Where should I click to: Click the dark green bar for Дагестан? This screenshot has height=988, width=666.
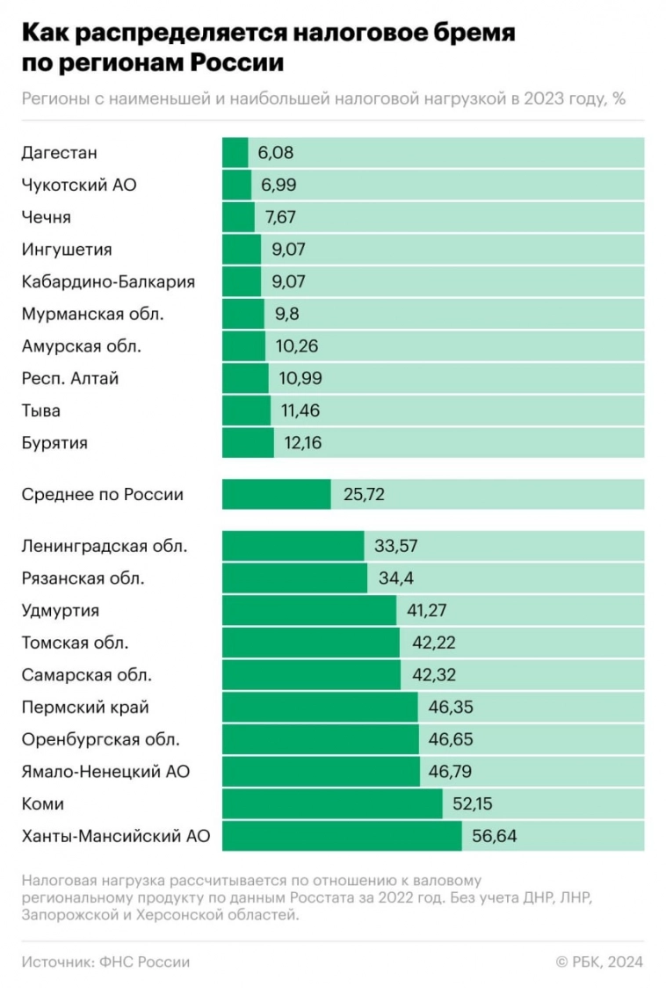click(x=235, y=153)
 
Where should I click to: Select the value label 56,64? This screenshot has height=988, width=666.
click(x=495, y=836)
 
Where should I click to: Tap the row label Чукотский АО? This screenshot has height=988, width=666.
click(x=79, y=185)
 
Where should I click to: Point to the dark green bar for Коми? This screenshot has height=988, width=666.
click(x=332, y=804)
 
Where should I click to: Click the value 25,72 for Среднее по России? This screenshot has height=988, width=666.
click(x=362, y=494)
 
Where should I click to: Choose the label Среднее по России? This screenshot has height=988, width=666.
click(x=103, y=494)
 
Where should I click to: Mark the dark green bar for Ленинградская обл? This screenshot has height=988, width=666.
click(x=293, y=546)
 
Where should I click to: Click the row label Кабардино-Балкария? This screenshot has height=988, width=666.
click(x=108, y=282)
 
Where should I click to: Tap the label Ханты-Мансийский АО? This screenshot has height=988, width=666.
click(x=116, y=836)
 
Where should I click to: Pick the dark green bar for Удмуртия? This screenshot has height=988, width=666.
click(x=308, y=611)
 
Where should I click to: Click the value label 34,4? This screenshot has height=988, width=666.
click(x=391, y=578)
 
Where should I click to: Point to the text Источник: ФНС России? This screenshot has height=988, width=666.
click(x=105, y=962)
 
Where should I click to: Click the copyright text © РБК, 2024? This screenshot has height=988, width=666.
click(x=599, y=962)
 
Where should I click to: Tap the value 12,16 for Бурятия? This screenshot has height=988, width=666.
click(x=303, y=443)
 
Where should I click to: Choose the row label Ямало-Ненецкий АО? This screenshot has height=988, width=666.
click(x=105, y=772)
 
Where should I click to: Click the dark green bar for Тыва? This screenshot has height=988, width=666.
click(x=246, y=410)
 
